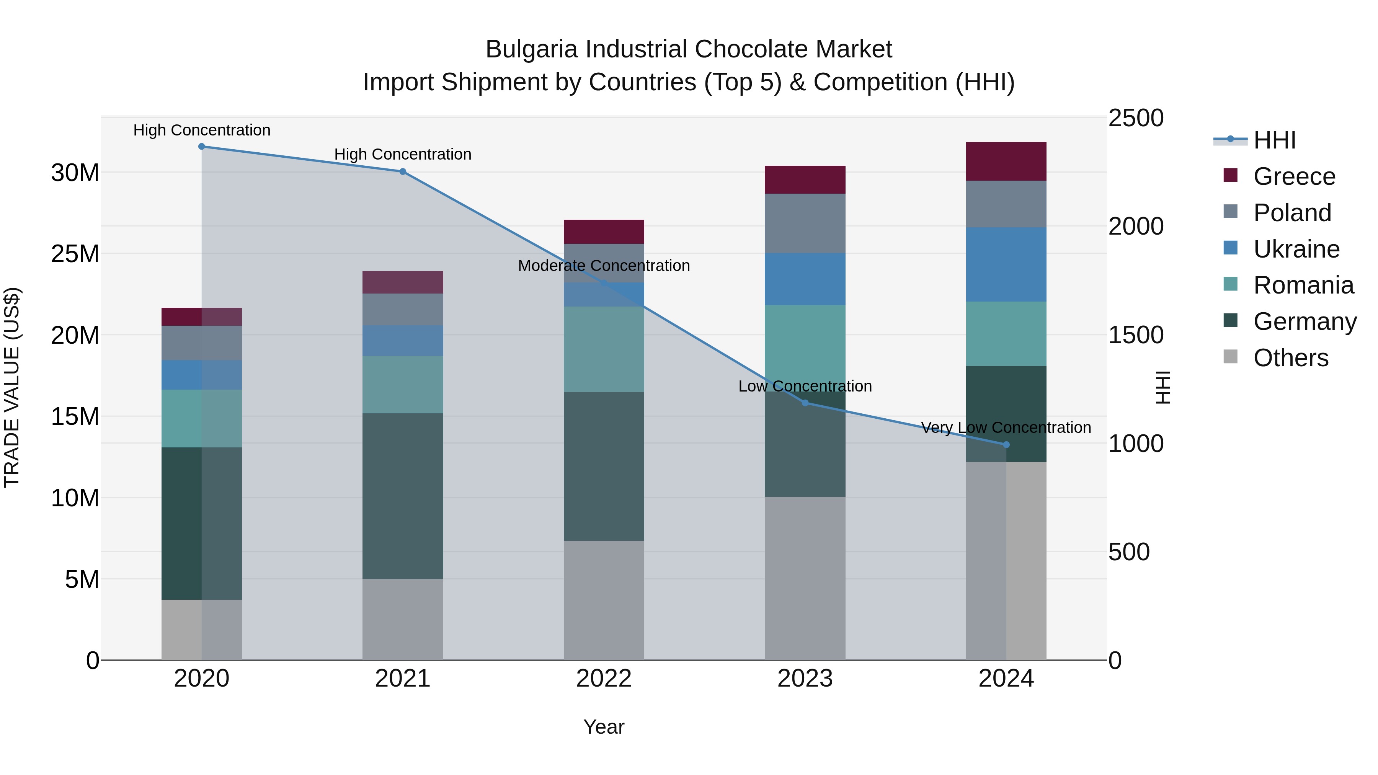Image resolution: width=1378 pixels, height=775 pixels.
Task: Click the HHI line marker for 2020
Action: pos(202,147)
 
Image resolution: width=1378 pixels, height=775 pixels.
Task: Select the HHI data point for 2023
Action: pos(805,403)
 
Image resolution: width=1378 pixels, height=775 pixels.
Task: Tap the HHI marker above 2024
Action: pos(1006,444)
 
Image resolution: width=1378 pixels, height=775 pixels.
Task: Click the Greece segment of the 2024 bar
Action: pos(1006,161)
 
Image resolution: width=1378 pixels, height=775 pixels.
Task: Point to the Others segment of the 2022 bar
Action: pos(604,600)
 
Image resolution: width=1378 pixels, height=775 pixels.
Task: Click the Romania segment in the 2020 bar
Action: pos(202,418)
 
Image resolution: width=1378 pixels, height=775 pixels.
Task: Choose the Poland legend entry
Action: pos(1292,213)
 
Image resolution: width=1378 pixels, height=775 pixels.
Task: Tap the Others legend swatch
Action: pos(1230,357)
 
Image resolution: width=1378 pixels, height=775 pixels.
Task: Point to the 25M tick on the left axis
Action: pos(75,254)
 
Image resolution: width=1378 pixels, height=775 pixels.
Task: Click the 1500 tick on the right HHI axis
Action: pos(1135,335)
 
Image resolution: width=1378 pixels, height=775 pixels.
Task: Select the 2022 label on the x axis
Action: pos(604,679)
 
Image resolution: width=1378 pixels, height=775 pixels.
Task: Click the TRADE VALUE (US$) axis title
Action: pos(12,387)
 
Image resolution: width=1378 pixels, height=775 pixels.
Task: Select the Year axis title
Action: pos(604,727)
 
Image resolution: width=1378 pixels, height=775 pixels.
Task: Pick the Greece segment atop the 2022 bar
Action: pos(604,232)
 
